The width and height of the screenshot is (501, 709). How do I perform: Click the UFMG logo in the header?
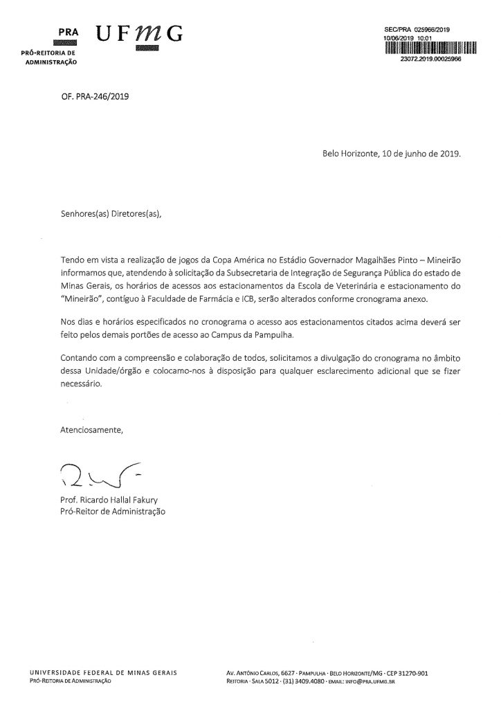coord(139,34)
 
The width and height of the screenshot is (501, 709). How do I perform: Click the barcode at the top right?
coord(430,48)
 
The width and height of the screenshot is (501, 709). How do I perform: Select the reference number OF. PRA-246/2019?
coord(95,97)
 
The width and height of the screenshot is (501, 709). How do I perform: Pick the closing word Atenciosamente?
coord(92,430)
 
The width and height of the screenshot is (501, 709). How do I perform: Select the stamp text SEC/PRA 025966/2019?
coord(417,30)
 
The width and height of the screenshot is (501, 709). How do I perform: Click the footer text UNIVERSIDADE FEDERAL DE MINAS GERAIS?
coord(104,672)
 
